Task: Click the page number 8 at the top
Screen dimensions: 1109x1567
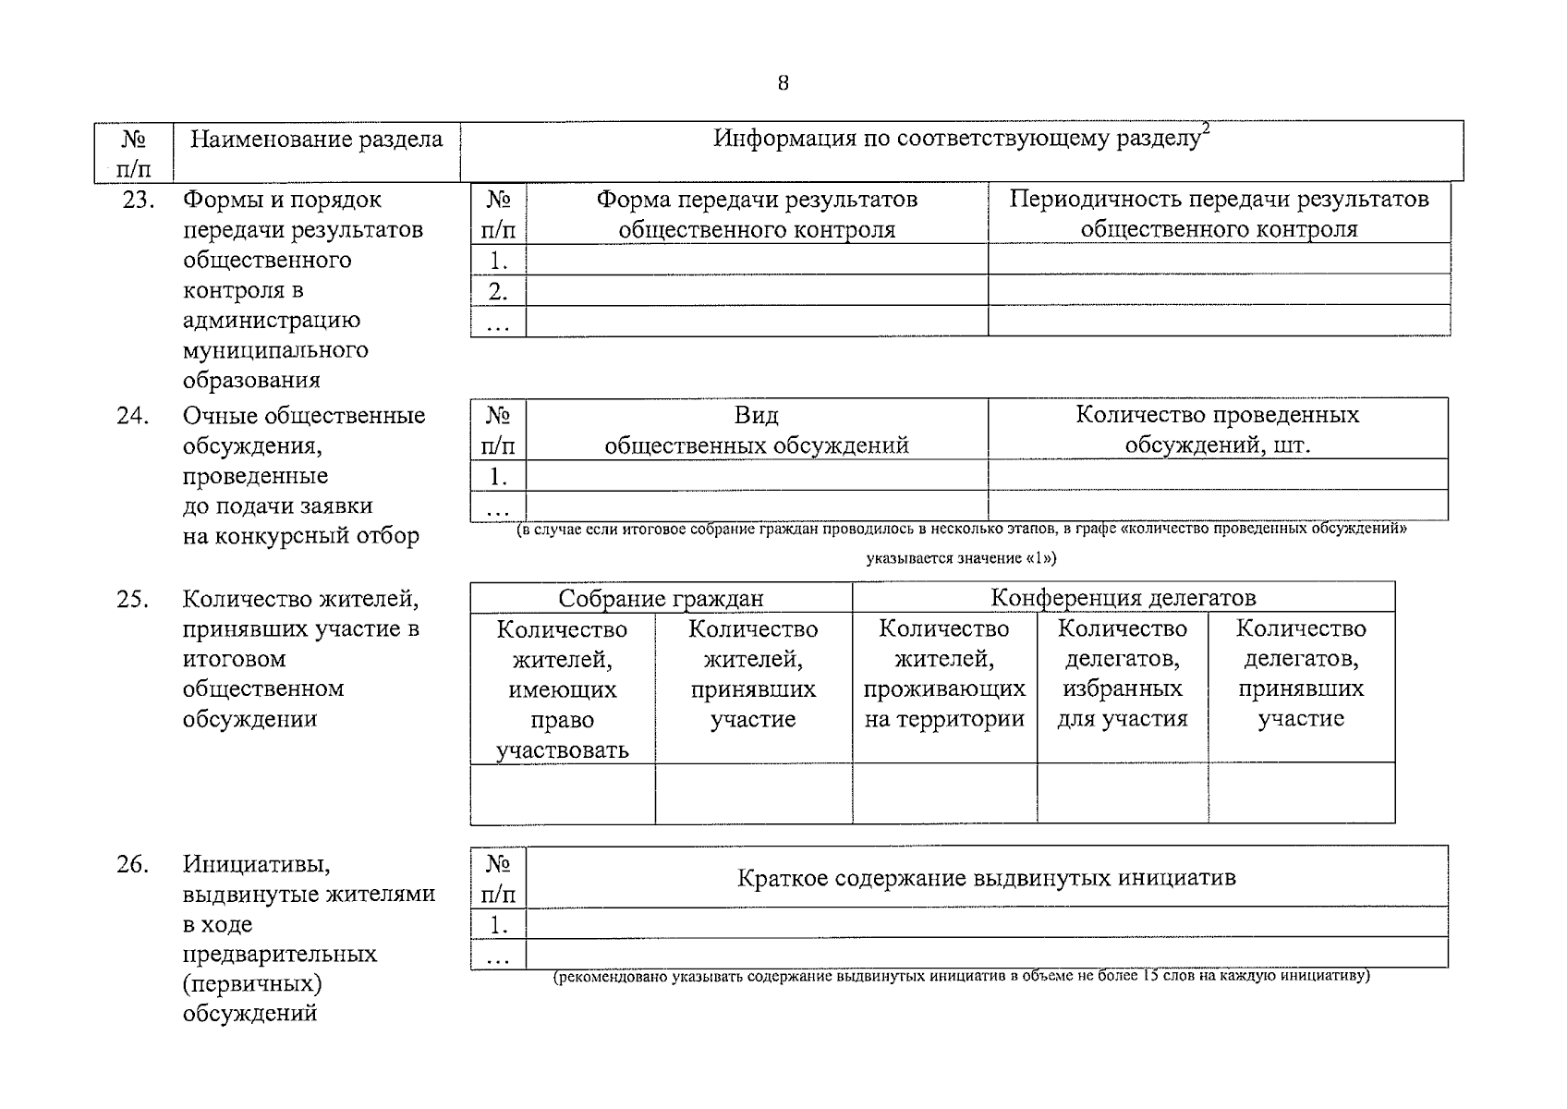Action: pyautogui.click(x=783, y=84)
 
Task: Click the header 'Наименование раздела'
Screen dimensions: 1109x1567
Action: pyautogui.click(x=316, y=140)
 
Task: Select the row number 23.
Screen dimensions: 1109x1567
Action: pyautogui.click(x=139, y=200)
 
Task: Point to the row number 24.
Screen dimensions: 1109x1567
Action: pyautogui.click(x=133, y=416)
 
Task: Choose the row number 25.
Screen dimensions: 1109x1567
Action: pyautogui.click(x=133, y=600)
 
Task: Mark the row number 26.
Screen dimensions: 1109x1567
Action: pyautogui.click(x=133, y=865)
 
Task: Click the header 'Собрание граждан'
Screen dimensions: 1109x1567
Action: pyautogui.click(x=661, y=599)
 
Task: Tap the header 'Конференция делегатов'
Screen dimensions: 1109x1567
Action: pyautogui.click(x=1123, y=598)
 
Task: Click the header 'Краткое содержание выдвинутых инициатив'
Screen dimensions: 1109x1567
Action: pyautogui.click(x=986, y=878)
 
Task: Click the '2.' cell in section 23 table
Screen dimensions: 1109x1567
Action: pyautogui.click(x=498, y=292)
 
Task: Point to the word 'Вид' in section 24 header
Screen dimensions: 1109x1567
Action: pyautogui.click(x=757, y=415)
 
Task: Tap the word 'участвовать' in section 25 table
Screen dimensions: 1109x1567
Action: pyautogui.click(x=562, y=749)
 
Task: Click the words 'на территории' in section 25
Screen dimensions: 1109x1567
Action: pyautogui.click(x=944, y=719)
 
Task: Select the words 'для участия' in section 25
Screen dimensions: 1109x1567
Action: pyautogui.click(x=1123, y=719)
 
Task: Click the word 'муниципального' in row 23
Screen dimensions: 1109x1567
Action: pyautogui.click(x=275, y=350)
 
